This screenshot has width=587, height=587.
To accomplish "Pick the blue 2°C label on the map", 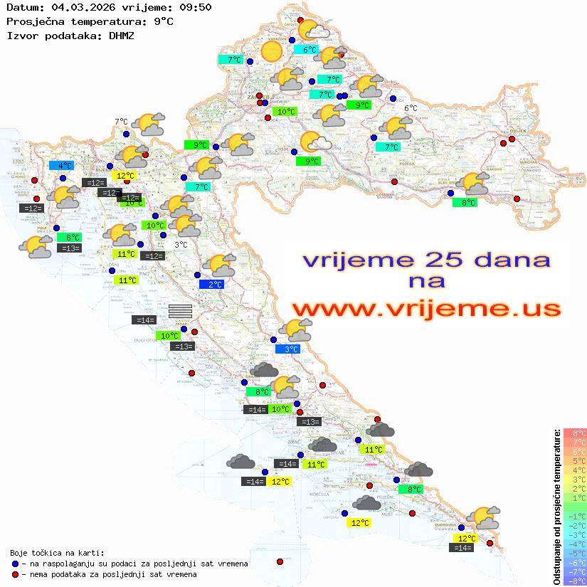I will pyautogui.click(x=211, y=284).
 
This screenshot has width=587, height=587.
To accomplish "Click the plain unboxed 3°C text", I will pyautogui.click(x=181, y=245).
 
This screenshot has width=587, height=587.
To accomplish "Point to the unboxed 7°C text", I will pyautogui.click(x=120, y=122).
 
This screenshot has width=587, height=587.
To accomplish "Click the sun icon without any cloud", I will pyautogui.click(x=271, y=51).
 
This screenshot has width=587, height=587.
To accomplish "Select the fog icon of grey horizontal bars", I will pyautogui.click(x=180, y=311).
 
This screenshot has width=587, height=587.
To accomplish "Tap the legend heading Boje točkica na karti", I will pyautogui.click(x=57, y=553).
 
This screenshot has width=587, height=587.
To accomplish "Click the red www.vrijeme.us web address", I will pyautogui.click(x=426, y=309).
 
